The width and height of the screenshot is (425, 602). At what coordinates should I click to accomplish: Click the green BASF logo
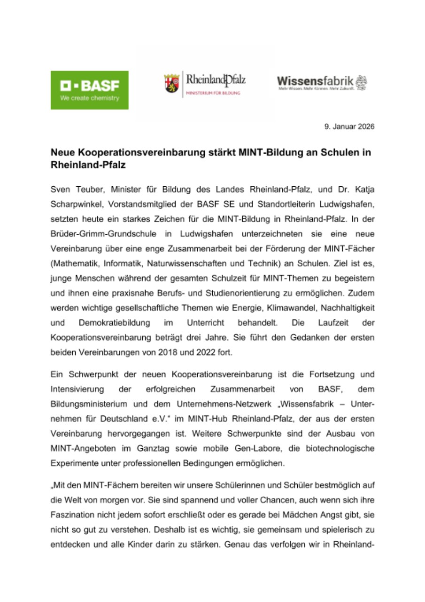click(89, 90)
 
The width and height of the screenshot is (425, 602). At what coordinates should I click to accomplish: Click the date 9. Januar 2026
click(349, 127)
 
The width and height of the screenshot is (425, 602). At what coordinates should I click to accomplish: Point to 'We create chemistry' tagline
click(89, 98)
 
